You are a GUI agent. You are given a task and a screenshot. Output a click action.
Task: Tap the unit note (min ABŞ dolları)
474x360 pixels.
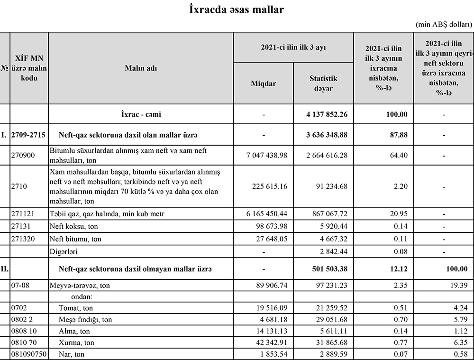pyautogui.click(x=444, y=25)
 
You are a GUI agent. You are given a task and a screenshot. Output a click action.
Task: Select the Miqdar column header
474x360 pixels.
pyautogui.click(x=263, y=83)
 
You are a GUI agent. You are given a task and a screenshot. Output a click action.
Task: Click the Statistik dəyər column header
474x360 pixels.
pyautogui.click(x=323, y=83)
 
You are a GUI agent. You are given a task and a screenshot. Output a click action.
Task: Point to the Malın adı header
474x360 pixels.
pyautogui.click(x=141, y=68)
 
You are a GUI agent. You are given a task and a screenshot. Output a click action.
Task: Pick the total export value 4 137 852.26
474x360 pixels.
pyautogui.click(x=327, y=114)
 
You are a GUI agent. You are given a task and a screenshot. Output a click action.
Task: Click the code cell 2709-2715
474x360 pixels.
pyautogui.click(x=29, y=135)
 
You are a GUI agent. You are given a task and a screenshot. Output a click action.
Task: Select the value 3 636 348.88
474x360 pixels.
pyautogui.click(x=327, y=135)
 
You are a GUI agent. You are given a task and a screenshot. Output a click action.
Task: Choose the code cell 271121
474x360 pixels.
pyautogui.click(x=22, y=214)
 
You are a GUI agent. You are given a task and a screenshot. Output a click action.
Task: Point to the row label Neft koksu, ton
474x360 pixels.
pyautogui.click(x=73, y=226)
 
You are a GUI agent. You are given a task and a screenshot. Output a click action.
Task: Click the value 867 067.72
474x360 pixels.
pyautogui.click(x=327, y=214)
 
